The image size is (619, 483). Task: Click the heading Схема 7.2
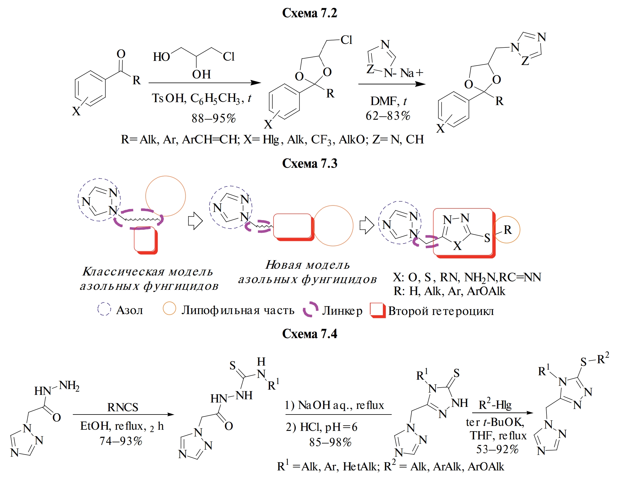tap(309, 13)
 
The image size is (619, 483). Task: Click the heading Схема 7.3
tap(309, 163)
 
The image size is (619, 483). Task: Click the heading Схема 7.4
tap(309, 334)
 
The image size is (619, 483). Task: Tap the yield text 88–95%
tap(214, 119)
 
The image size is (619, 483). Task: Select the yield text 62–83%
tap(388, 116)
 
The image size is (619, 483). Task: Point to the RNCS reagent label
tap(123, 407)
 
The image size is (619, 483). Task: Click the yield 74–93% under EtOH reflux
tap(121, 441)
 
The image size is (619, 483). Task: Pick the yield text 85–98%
tap(330, 442)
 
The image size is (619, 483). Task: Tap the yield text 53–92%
tap(497, 449)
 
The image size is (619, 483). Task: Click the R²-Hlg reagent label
tap(495, 405)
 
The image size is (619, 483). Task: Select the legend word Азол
tap(130, 310)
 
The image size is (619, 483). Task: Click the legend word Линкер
tap(342, 311)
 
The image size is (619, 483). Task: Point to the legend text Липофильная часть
tap(238, 310)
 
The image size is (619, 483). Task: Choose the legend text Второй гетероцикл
tap(441, 311)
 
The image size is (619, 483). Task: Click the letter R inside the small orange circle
tap(508, 230)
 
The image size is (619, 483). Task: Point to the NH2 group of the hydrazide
tap(69, 386)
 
